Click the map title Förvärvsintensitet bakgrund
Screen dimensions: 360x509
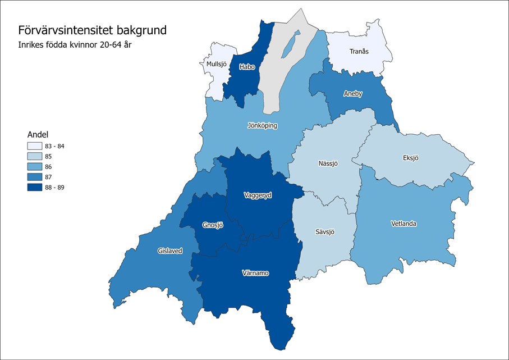[x=92, y=30]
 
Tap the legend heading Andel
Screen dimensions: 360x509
[x=38, y=134]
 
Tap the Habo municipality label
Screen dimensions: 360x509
[x=247, y=67]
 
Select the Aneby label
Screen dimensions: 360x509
[x=353, y=94]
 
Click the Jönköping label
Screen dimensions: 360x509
[x=262, y=125]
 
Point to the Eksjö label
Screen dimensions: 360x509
[x=411, y=158]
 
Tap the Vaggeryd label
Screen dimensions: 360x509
[x=258, y=195]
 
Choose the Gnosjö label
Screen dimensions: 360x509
[x=213, y=225]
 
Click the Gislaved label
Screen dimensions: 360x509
[x=170, y=251]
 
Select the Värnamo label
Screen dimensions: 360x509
[x=255, y=273]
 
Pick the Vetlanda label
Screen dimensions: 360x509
[x=403, y=224]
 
